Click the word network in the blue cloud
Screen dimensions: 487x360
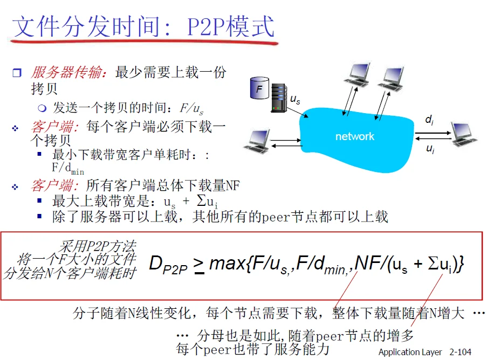[x=355, y=136]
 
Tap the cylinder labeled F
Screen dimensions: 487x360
[x=259, y=88]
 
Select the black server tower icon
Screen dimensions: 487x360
[x=279, y=98]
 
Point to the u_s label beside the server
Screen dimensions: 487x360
[x=295, y=99]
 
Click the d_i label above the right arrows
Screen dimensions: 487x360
[x=429, y=120]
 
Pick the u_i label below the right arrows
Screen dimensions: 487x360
[x=430, y=149]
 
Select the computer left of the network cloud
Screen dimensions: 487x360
[x=257, y=142]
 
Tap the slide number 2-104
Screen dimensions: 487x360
[x=460, y=352]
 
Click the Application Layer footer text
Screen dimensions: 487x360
[x=410, y=352]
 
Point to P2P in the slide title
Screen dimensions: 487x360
[x=206, y=27]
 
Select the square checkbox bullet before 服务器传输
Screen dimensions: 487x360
[x=17, y=73]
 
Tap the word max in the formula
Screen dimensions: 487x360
[x=228, y=264]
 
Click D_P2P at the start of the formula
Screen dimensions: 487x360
[x=168, y=265]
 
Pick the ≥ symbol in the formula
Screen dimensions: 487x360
[x=199, y=266]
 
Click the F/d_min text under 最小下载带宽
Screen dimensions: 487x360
[x=68, y=169]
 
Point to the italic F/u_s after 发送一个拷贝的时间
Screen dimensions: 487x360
[x=191, y=109]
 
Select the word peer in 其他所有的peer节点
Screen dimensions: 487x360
[x=276, y=217]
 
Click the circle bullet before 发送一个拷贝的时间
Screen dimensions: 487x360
[x=42, y=108]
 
